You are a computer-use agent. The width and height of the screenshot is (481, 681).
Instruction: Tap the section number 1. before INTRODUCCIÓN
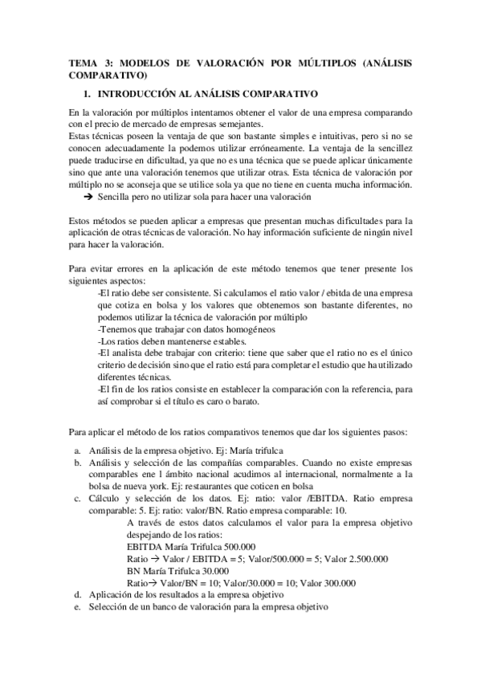coord(88,93)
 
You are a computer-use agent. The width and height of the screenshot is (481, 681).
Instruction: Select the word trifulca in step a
coord(267,451)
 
